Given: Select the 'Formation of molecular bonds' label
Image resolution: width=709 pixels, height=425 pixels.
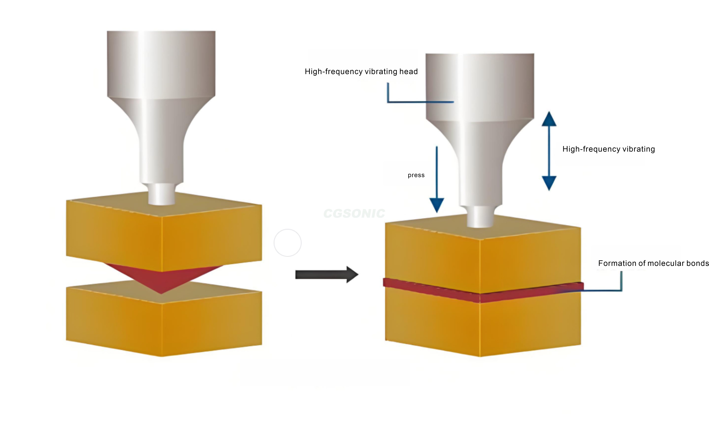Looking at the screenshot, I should (653, 263).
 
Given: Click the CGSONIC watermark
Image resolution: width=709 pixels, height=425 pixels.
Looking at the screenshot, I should (354, 213).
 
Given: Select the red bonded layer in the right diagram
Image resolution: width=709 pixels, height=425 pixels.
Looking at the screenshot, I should (484, 292).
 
